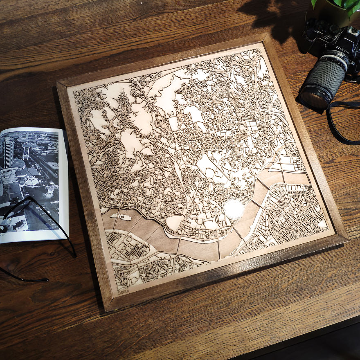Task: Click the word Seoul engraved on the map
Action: [122, 291]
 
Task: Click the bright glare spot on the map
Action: [234, 209]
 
